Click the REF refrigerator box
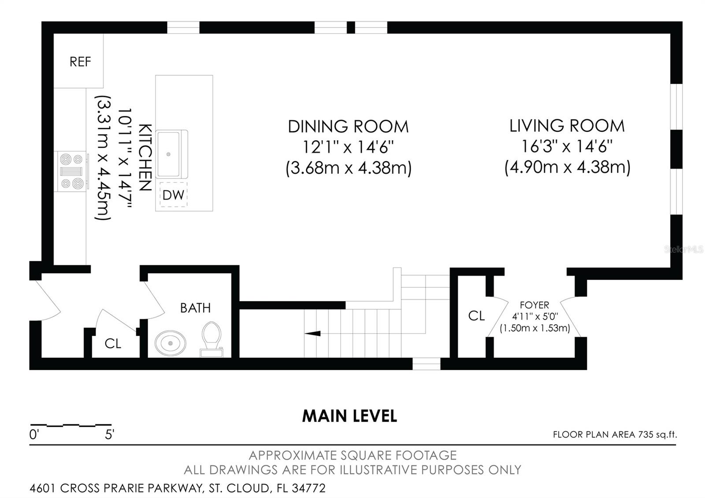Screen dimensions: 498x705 tap(79, 61)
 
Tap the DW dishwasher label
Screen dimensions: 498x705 tap(173, 195)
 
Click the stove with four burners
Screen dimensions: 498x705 tap(71, 171)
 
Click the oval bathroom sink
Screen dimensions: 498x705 tap(171, 343)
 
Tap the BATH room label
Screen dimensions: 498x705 tap(195, 308)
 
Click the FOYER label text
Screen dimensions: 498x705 tap(534, 305)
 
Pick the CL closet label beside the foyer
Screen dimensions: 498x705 tap(476, 316)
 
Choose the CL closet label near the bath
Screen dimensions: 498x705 tap(113, 343)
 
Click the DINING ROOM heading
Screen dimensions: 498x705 tap(348, 126)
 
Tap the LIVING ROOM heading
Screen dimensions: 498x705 tap(567, 126)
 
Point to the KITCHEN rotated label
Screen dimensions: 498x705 tap(146, 157)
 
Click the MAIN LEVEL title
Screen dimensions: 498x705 tap(349, 416)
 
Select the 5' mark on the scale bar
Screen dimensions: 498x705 tap(109, 435)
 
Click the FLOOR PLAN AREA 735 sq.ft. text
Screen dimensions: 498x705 tap(615, 435)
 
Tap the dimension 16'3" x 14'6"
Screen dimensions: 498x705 tap(567, 146)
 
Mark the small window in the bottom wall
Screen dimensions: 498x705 tap(426, 364)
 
